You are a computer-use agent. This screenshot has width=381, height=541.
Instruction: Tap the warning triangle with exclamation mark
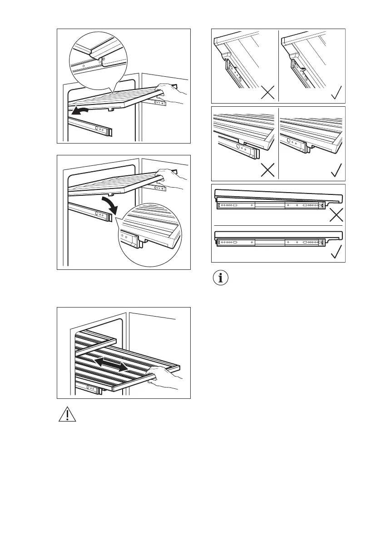(66, 414)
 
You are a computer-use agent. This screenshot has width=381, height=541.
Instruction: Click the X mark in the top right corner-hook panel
(267, 93)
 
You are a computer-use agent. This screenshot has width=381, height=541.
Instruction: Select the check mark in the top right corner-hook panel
(336, 93)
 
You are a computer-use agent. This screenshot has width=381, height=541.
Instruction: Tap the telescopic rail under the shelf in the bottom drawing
(91, 388)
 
